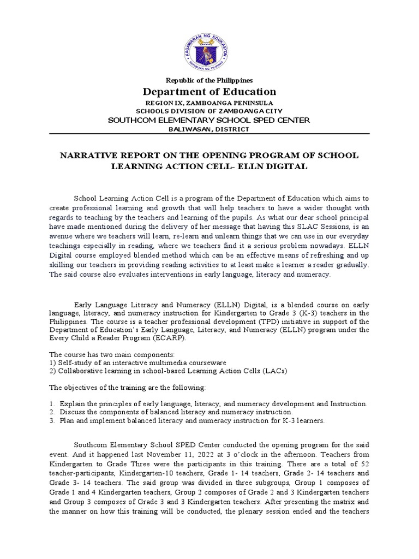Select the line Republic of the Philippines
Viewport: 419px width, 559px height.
[x=209, y=80]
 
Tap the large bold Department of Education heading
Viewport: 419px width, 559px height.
[x=209, y=92]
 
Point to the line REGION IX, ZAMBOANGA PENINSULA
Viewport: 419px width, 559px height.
[x=209, y=103]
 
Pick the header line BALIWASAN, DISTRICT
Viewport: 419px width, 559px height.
[x=209, y=129]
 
